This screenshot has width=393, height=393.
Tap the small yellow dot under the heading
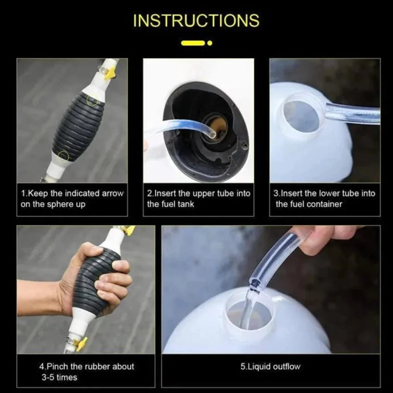[x=210, y=43]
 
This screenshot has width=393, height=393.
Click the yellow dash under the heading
[x=192, y=43]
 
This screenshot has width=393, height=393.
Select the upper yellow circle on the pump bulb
[x=92, y=100]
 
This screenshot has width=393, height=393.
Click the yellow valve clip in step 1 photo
[x=110, y=73]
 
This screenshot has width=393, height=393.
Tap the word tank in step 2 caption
[x=186, y=204]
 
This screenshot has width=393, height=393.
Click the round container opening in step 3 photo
[x=301, y=116]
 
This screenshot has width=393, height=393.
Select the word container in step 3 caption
[x=324, y=204]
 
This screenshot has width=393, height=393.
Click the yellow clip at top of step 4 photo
[x=127, y=230]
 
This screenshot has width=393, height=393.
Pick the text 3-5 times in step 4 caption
[x=59, y=377]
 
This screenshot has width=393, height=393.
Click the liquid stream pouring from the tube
[x=247, y=309]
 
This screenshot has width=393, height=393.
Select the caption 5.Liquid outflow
[x=270, y=366]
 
